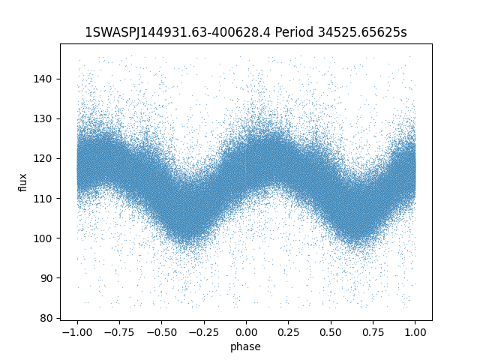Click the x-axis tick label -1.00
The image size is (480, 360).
(76, 332)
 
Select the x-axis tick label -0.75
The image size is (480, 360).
(118, 332)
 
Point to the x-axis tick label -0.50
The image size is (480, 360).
(160, 332)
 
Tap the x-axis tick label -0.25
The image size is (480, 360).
(203, 332)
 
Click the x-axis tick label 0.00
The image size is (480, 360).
(246, 332)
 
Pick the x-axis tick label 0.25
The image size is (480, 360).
(289, 332)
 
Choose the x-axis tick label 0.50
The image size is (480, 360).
(331, 332)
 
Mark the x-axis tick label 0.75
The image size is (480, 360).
(373, 332)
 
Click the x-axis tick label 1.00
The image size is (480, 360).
(415, 332)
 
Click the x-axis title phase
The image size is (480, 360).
(246, 346)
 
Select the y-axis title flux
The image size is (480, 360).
(22, 182)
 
